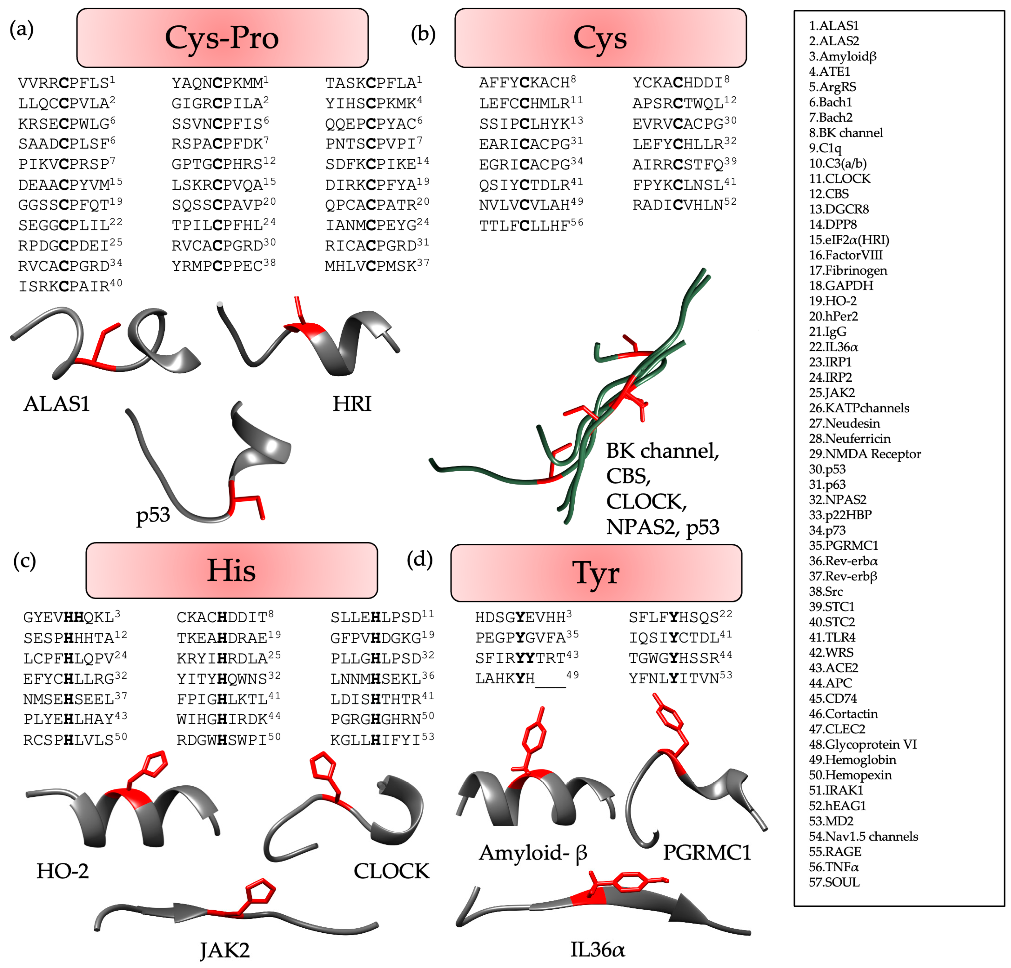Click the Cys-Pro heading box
pyautogui.click(x=222, y=38)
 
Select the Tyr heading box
pyautogui.click(x=596, y=572)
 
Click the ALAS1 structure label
pyautogui.click(x=57, y=403)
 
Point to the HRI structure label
pyautogui.click(x=352, y=403)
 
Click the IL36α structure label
pyautogui.click(x=597, y=949)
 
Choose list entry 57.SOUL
pyautogui.click(x=834, y=882)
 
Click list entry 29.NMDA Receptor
pyautogui.click(x=865, y=454)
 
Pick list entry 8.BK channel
pyautogui.click(x=846, y=132)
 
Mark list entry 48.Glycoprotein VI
pyautogui.click(x=862, y=744)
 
